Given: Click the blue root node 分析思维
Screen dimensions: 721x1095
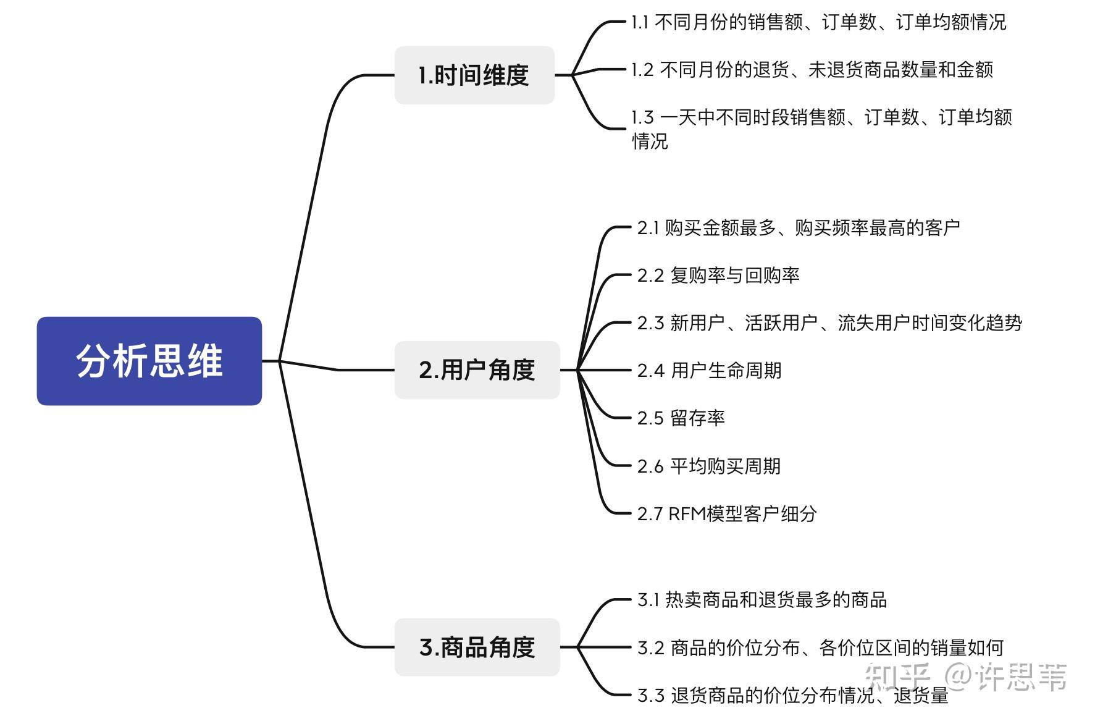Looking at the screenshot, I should pyautogui.click(x=149, y=361).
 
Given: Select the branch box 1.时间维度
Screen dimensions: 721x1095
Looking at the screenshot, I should pyautogui.click(x=474, y=75).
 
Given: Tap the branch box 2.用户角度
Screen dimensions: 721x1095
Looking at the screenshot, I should pyautogui.click(x=477, y=370).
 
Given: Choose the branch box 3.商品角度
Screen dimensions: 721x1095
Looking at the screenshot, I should pyautogui.click(x=477, y=647).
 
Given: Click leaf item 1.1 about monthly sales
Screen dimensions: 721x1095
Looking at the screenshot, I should pyautogui.click(x=818, y=23).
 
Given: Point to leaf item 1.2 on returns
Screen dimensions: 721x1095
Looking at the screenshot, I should pyautogui.click(x=812, y=70).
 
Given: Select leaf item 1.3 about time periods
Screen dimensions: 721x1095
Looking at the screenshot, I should pyautogui.click(x=821, y=117).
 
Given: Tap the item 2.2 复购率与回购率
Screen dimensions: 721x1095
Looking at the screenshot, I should pyautogui.click(x=718, y=276).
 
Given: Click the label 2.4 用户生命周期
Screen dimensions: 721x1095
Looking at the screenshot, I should pyautogui.click(x=709, y=371).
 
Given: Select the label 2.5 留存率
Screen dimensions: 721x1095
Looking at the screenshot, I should pyautogui.click(x=681, y=418).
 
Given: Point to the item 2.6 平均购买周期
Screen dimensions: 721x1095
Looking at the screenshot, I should pyautogui.click(x=709, y=466).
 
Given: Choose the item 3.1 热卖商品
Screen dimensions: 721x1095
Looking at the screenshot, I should pyautogui.click(x=762, y=600).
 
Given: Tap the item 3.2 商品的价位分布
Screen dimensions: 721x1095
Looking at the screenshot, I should pyautogui.click(x=820, y=647).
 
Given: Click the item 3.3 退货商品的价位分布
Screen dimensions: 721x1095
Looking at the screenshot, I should pyautogui.click(x=792, y=695).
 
